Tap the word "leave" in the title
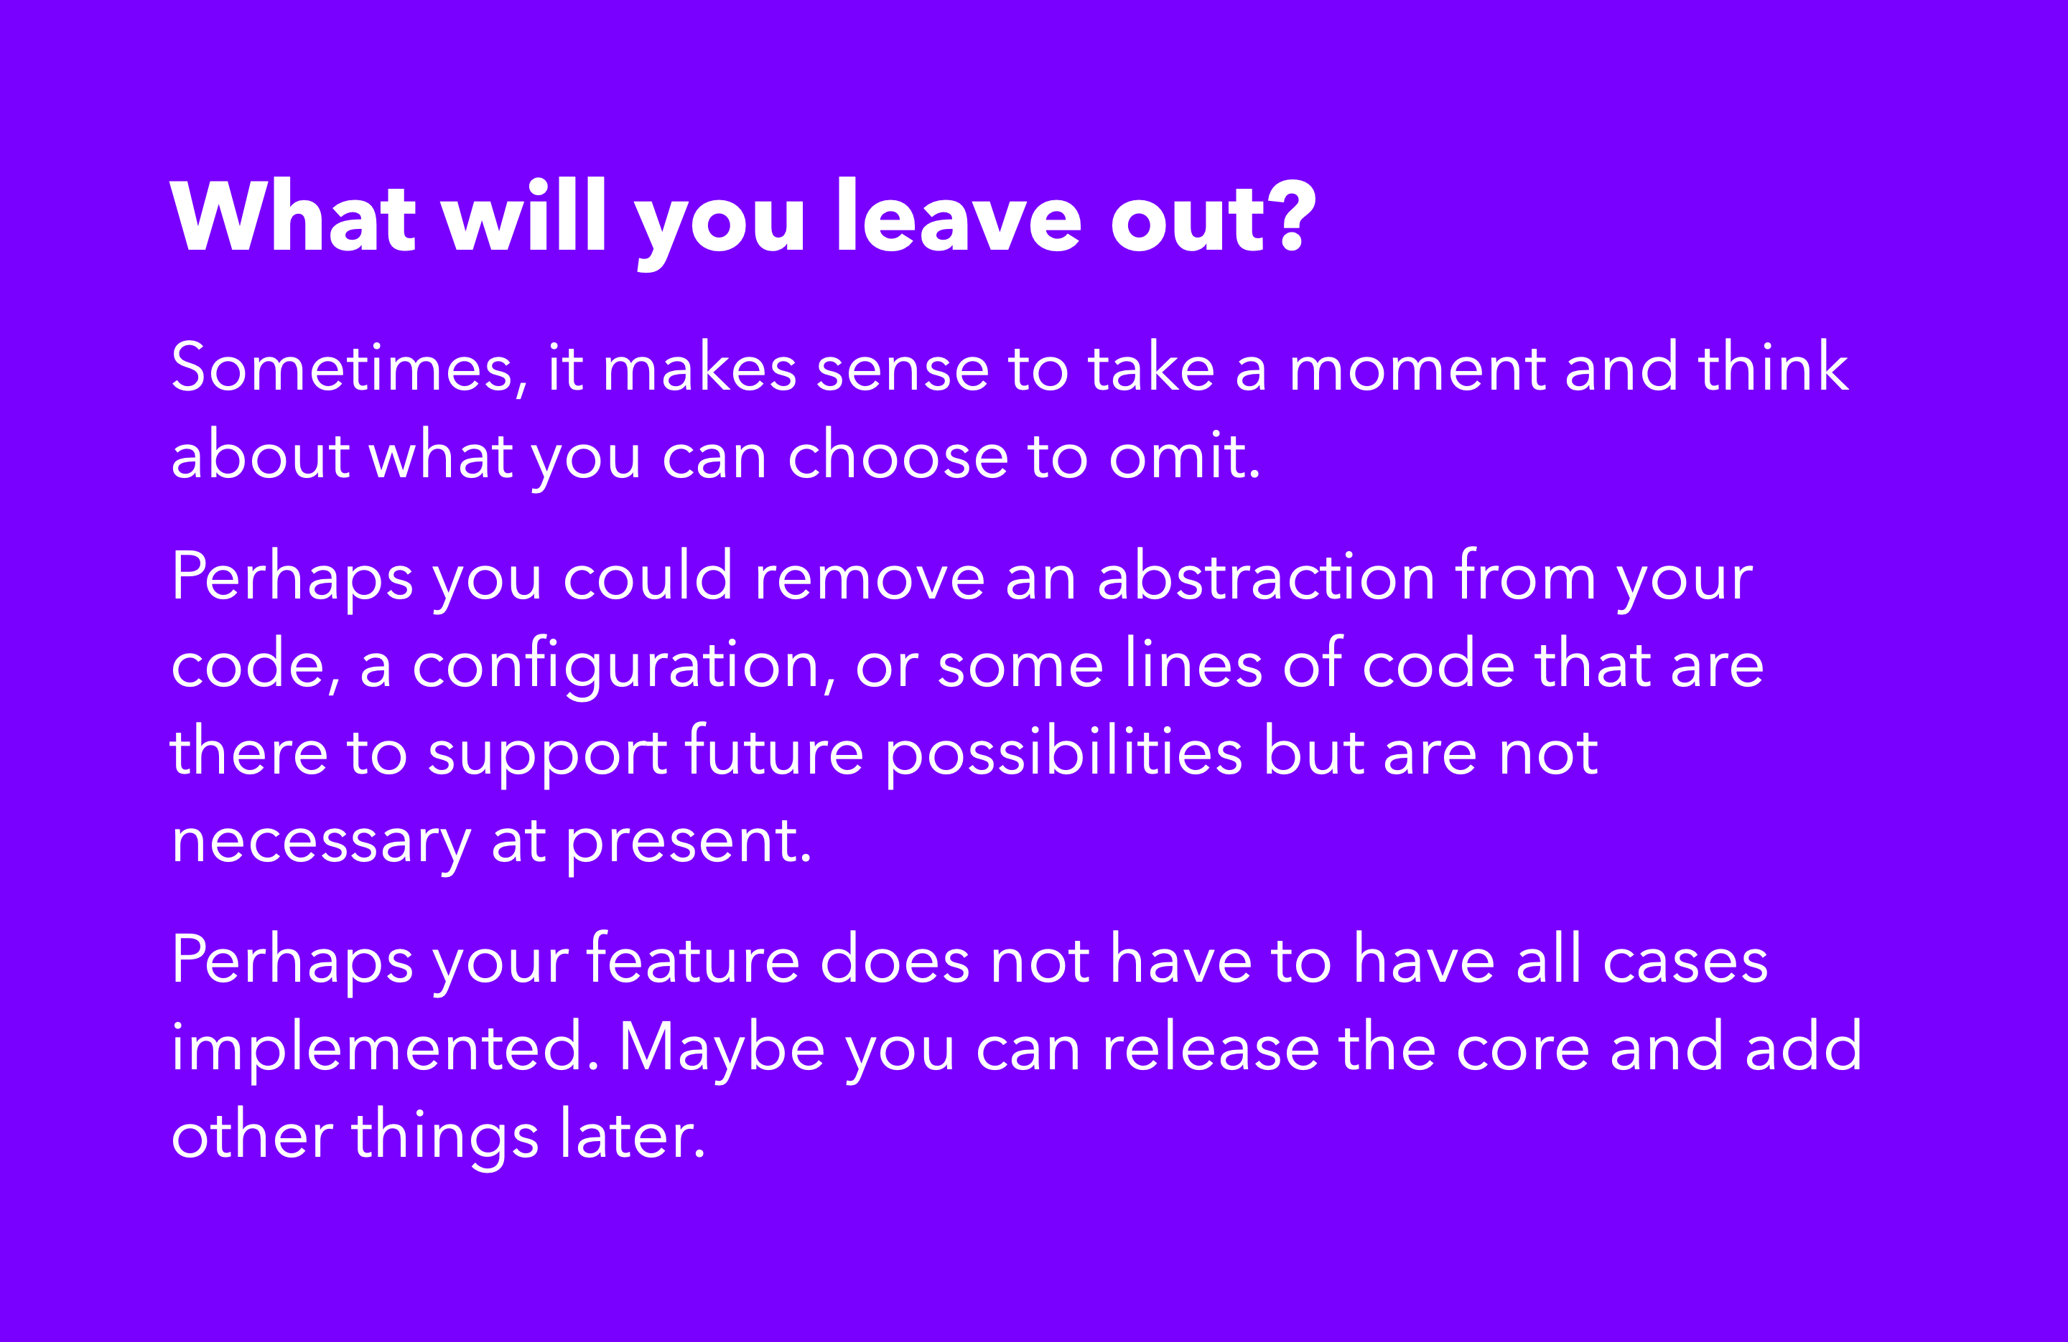959,215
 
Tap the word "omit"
1183,454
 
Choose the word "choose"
898,454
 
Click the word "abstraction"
1266,576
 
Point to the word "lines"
1193,663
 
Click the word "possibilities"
1063,752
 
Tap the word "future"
774,750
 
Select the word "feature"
692,959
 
